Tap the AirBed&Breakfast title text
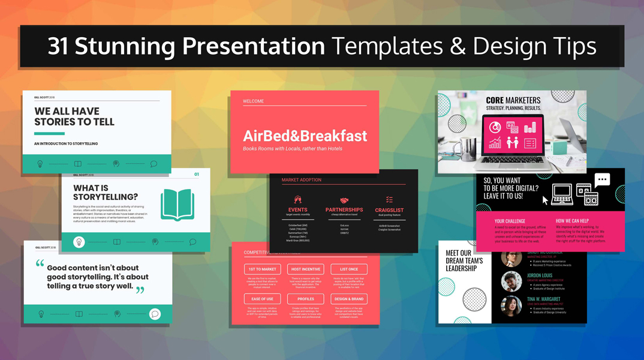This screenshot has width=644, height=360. (305, 136)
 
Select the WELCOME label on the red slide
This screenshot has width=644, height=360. (253, 101)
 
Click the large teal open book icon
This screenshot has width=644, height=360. (177, 205)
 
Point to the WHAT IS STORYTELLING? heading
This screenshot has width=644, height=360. (106, 193)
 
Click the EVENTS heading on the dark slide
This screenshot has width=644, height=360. (297, 210)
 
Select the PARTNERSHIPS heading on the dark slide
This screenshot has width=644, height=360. (344, 210)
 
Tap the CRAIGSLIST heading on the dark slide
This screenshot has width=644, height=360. (389, 210)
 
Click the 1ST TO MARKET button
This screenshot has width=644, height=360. (263, 269)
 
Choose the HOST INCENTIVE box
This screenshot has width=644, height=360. (306, 269)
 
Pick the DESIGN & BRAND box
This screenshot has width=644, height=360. (349, 299)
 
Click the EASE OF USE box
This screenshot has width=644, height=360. (263, 299)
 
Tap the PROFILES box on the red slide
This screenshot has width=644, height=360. (306, 299)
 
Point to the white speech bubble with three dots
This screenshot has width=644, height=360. (602, 179)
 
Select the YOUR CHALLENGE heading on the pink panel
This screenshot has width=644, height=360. (510, 221)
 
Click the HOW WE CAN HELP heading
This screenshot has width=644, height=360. (572, 221)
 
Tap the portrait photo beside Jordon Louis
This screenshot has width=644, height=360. (511, 281)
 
